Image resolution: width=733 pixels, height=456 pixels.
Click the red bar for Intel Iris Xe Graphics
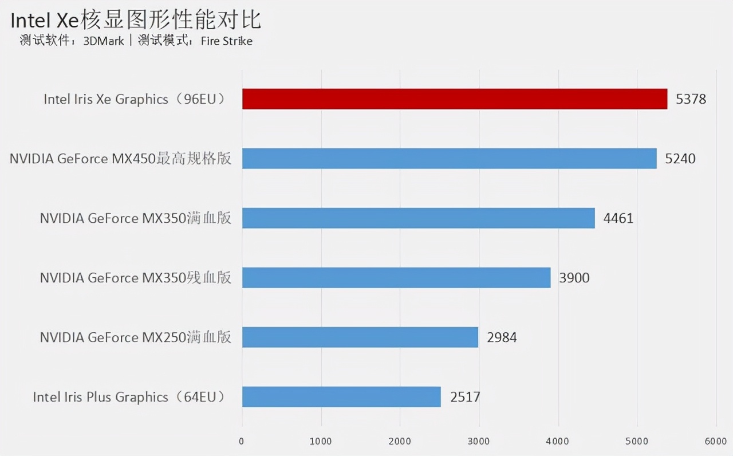(x=455, y=99)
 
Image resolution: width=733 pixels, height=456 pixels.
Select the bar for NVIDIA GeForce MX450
(x=449, y=159)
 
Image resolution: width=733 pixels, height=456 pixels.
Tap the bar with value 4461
(x=419, y=218)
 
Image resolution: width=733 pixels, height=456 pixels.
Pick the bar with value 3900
(x=396, y=278)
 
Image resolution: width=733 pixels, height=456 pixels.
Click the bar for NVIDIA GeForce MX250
(x=360, y=337)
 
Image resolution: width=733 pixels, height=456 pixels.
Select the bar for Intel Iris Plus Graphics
(x=341, y=396)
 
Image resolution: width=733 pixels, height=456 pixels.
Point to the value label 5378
(x=691, y=99)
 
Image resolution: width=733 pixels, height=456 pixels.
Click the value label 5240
(x=680, y=159)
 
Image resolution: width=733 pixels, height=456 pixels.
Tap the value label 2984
(x=502, y=337)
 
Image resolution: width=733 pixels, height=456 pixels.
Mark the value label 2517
(x=465, y=396)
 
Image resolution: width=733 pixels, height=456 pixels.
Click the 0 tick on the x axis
(x=242, y=441)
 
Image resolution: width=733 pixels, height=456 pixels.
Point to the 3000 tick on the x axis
(x=479, y=441)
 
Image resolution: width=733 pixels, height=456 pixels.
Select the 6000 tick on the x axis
(x=716, y=441)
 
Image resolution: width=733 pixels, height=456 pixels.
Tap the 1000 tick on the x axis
(x=321, y=441)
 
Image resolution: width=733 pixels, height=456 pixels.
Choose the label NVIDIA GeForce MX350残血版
(x=136, y=278)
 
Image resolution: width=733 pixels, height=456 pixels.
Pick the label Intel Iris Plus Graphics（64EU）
(x=130, y=396)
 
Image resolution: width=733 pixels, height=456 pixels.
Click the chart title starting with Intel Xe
(x=136, y=21)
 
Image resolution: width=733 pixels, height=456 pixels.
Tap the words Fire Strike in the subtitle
(x=226, y=41)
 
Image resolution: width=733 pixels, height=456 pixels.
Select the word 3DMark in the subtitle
(x=103, y=41)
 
